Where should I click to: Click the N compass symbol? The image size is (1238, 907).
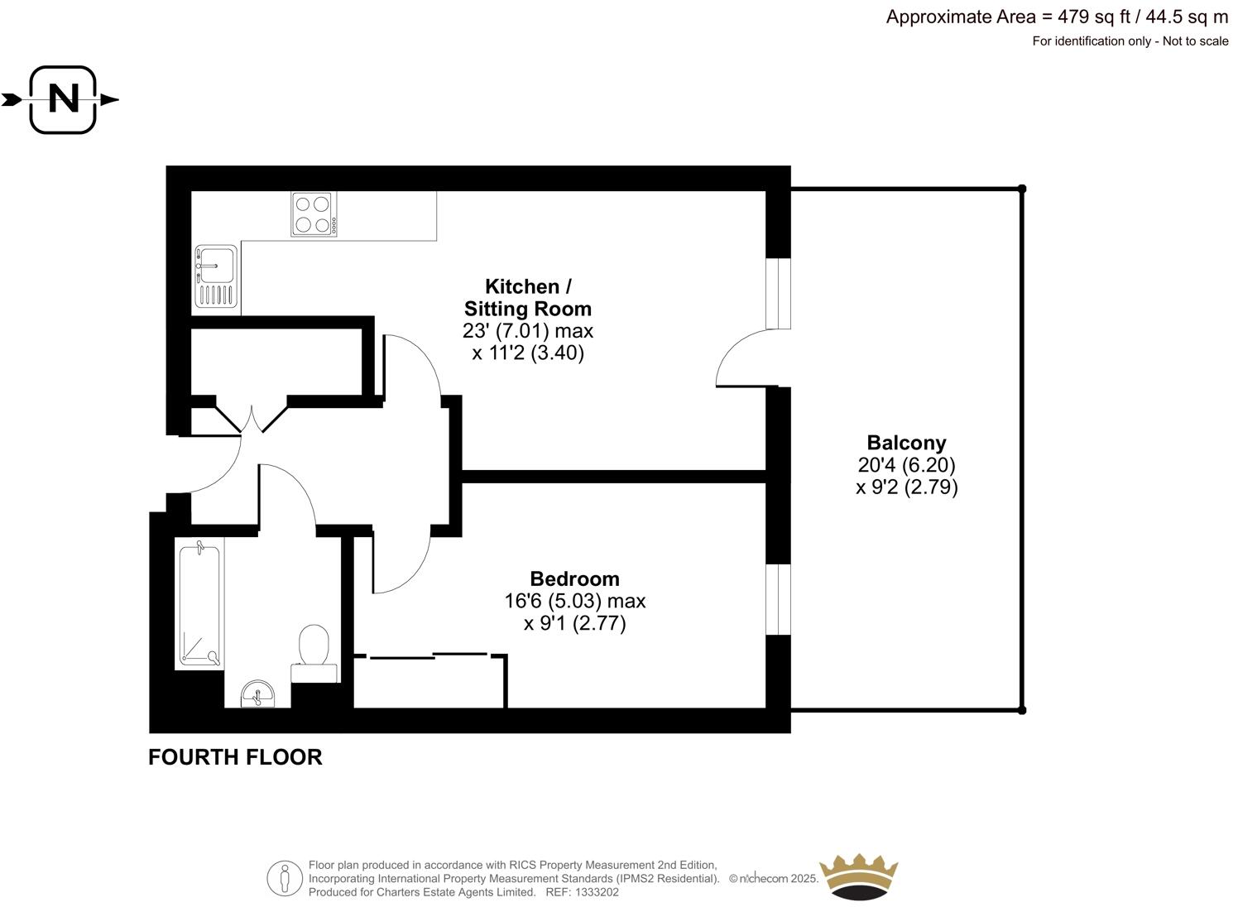[63, 100]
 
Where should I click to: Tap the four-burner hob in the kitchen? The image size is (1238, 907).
[314, 214]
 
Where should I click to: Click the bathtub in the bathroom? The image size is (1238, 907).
[199, 606]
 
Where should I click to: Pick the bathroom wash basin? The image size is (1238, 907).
[257, 694]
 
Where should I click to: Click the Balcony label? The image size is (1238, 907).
[906, 443]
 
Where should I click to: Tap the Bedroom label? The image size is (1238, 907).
[574, 578]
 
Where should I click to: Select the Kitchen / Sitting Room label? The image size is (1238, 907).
[527, 298]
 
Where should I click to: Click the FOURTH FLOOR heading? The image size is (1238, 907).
[235, 757]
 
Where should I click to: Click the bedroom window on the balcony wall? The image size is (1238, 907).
[778, 600]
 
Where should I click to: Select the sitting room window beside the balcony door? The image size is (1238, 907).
[778, 294]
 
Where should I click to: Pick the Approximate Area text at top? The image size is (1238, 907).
[1057, 17]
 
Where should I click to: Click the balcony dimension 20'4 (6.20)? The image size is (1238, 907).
[907, 465]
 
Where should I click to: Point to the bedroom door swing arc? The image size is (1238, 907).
[401, 563]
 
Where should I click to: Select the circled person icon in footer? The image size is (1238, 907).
[285, 878]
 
